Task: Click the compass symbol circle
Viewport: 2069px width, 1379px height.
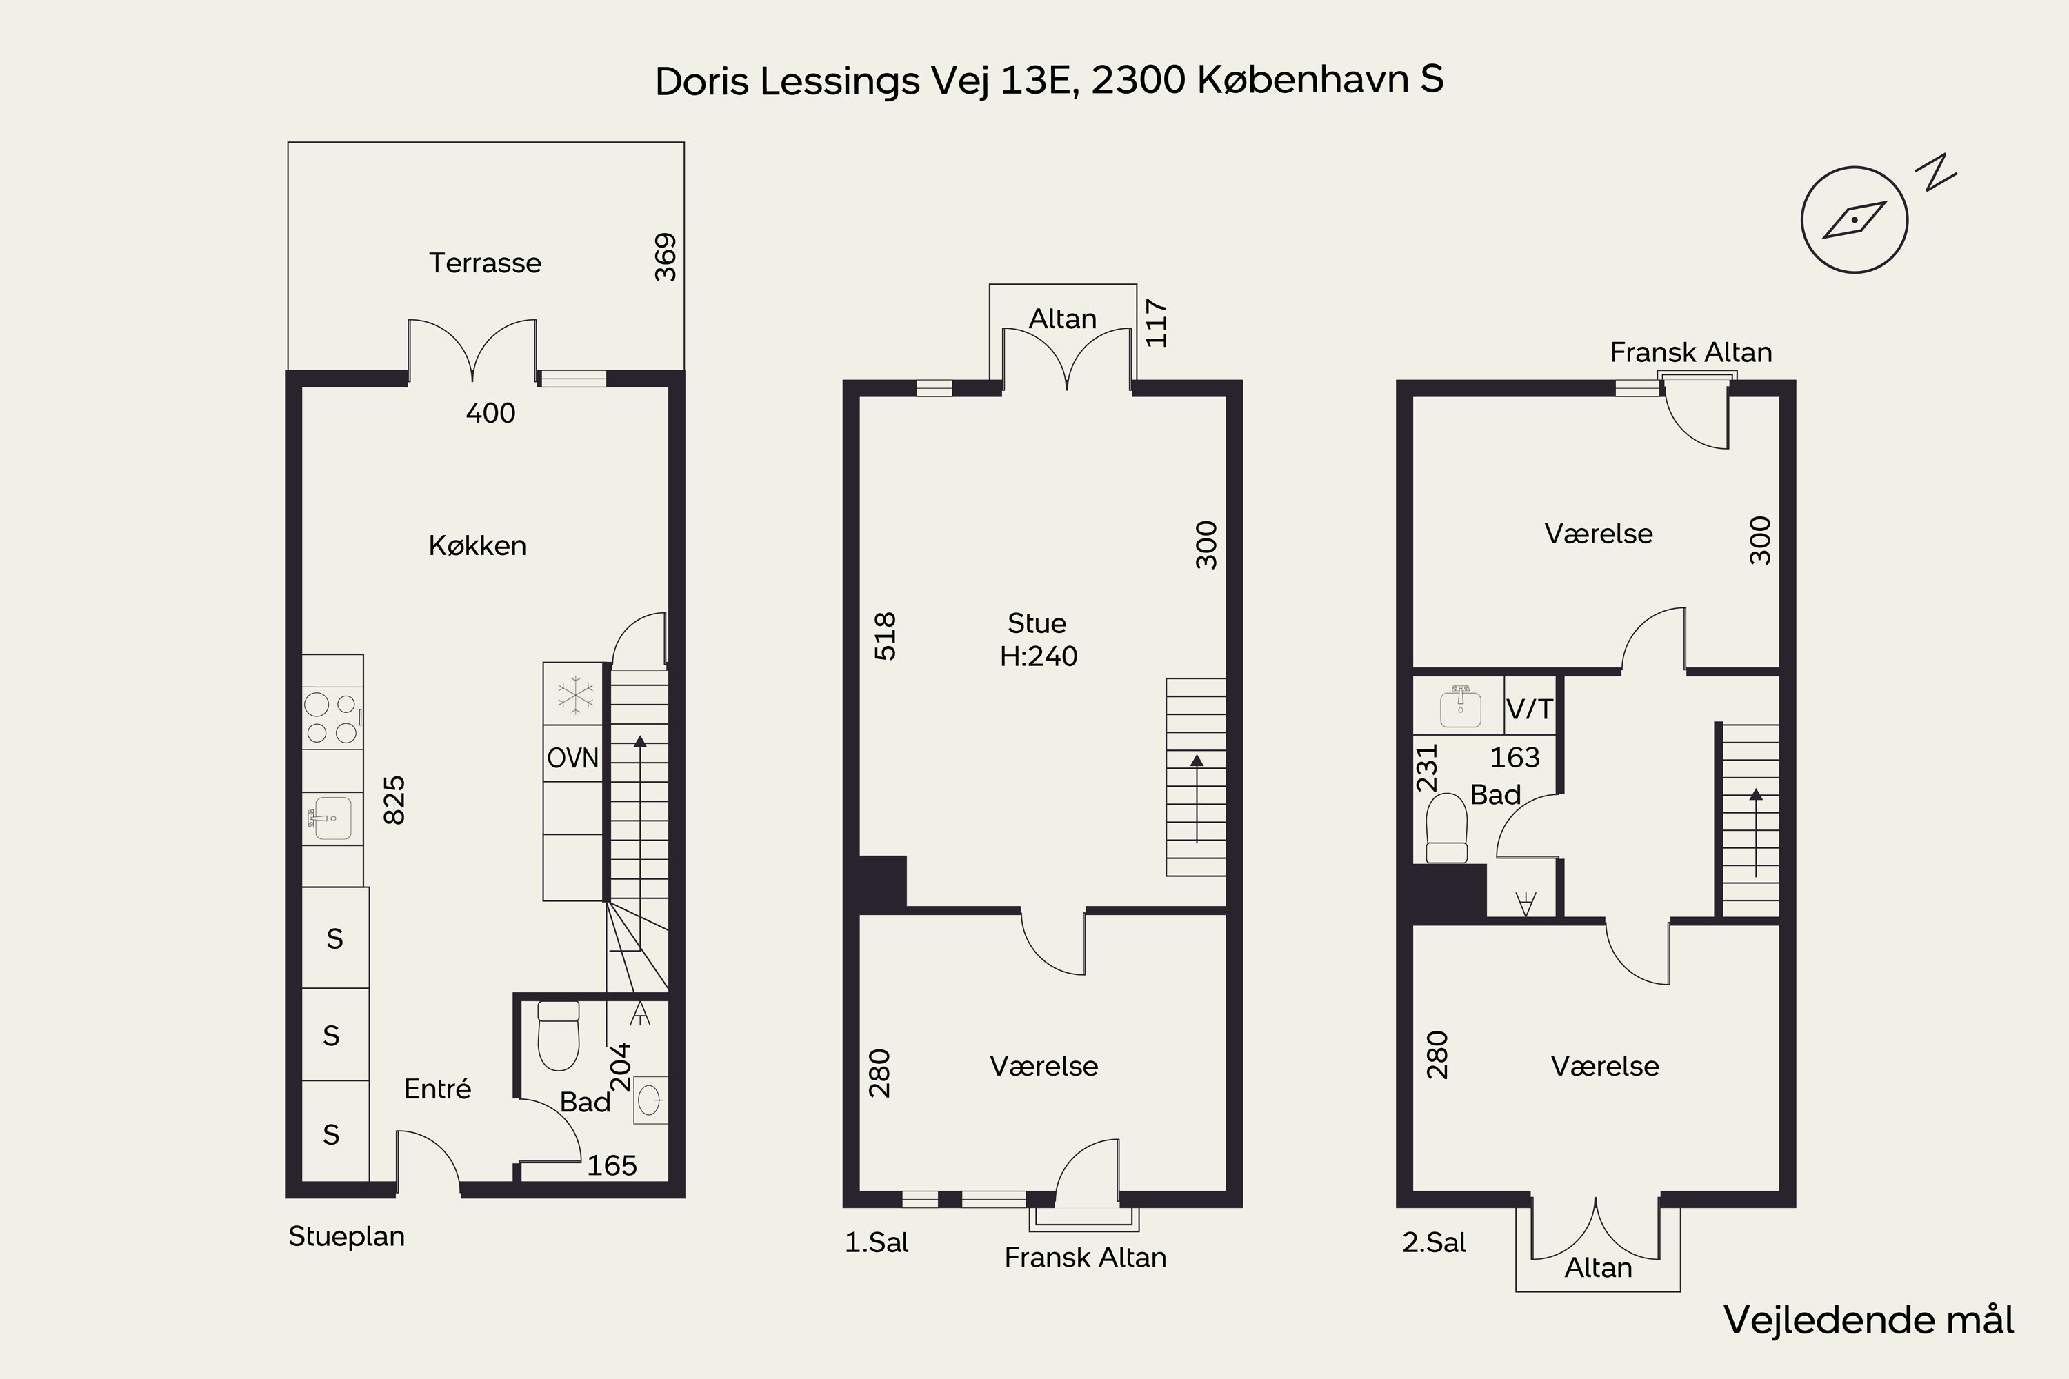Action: click(1854, 220)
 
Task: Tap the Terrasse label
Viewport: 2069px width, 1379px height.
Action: click(485, 263)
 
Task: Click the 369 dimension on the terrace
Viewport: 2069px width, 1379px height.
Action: click(666, 256)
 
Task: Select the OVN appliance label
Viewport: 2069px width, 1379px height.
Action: click(572, 758)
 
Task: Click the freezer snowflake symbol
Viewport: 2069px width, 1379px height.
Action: click(575, 695)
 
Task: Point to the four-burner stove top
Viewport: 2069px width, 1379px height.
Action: click(332, 718)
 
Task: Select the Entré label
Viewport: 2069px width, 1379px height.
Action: click(437, 1089)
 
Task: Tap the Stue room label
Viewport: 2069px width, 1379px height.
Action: click(1037, 623)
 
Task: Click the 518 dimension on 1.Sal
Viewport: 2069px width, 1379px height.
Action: click(884, 636)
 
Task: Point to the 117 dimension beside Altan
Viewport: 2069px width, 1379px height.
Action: click(1156, 323)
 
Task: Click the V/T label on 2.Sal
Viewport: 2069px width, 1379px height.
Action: click(1530, 709)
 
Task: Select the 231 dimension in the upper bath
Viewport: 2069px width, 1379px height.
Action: click(1426, 768)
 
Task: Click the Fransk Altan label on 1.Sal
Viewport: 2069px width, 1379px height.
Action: click(1085, 1258)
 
